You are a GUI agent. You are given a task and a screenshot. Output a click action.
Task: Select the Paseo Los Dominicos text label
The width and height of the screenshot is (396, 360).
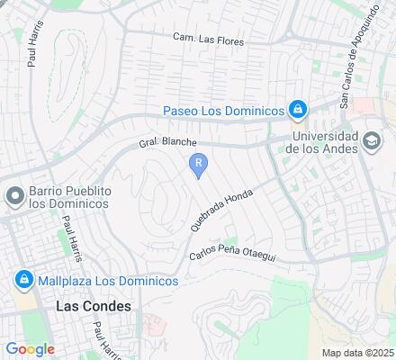tap(222, 111)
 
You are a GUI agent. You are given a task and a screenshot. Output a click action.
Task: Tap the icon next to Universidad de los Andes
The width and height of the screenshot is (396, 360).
tap(371, 141)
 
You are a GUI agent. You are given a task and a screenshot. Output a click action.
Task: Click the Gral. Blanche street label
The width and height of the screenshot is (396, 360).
tap(167, 144)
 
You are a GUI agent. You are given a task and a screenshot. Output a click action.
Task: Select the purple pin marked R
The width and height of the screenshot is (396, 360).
tap(198, 164)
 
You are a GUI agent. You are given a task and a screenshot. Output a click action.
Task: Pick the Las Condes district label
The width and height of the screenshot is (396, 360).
tap(93, 306)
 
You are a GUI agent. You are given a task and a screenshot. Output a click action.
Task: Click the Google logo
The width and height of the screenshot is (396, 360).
tap(30, 349)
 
